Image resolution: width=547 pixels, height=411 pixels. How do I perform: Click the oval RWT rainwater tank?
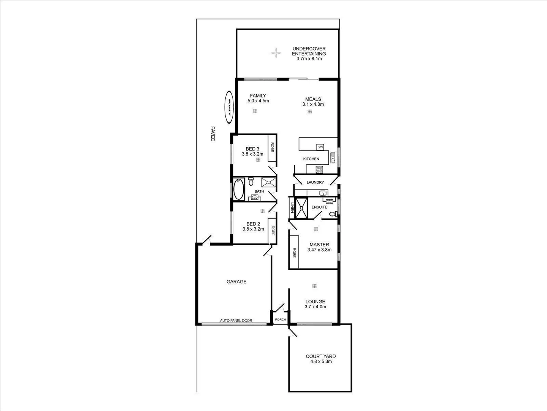click(x=229, y=107)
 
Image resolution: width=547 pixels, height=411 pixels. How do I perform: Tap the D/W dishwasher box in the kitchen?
click(x=320, y=147)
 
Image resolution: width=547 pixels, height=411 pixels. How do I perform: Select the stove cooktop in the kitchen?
click(x=320, y=169)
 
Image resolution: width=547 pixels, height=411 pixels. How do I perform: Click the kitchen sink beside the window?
click(x=333, y=157)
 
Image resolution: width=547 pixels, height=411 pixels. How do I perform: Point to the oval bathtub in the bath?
click(x=238, y=190)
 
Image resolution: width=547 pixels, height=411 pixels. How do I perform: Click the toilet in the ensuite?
click(x=333, y=214)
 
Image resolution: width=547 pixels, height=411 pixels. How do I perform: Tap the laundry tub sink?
click(x=323, y=193)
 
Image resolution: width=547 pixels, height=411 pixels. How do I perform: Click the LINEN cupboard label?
click(x=292, y=207)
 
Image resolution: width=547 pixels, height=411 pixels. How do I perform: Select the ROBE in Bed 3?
click(x=272, y=148)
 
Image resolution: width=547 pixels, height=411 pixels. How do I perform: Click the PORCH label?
click(x=280, y=320)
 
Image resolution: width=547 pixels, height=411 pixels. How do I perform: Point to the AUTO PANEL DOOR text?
click(x=236, y=321)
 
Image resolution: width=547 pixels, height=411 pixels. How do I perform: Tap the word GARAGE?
click(x=236, y=282)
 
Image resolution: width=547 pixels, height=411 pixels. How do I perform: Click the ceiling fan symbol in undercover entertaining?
click(x=276, y=53)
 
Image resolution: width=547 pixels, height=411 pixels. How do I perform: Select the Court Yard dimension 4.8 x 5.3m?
click(x=321, y=362)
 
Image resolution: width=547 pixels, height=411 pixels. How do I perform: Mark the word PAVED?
click(x=213, y=134)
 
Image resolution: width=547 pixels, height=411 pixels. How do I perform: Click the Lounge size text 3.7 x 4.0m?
click(x=315, y=307)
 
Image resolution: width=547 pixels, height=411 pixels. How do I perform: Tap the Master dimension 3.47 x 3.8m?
click(x=319, y=250)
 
